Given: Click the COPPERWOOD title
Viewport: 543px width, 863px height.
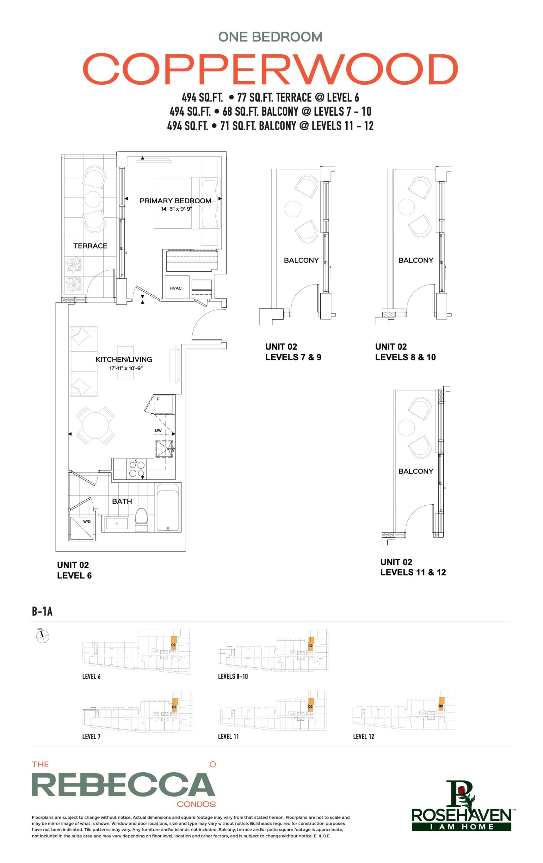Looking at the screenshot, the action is click(x=270, y=68).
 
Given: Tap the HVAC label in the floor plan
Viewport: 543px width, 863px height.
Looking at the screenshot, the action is click(x=175, y=288).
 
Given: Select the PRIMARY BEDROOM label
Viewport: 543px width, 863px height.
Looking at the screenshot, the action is click(x=175, y=201).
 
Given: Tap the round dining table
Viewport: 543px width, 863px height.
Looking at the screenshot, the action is click(x=95, y=425).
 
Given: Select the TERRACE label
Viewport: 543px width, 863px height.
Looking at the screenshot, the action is click(x=90, y=246).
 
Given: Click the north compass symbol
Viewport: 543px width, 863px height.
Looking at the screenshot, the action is click(x=43, y=636).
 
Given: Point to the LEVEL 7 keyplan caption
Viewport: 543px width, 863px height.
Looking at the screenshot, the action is click(x=91, y=737).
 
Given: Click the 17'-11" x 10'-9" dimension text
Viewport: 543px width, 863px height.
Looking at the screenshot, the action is click(x=126, y=368).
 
